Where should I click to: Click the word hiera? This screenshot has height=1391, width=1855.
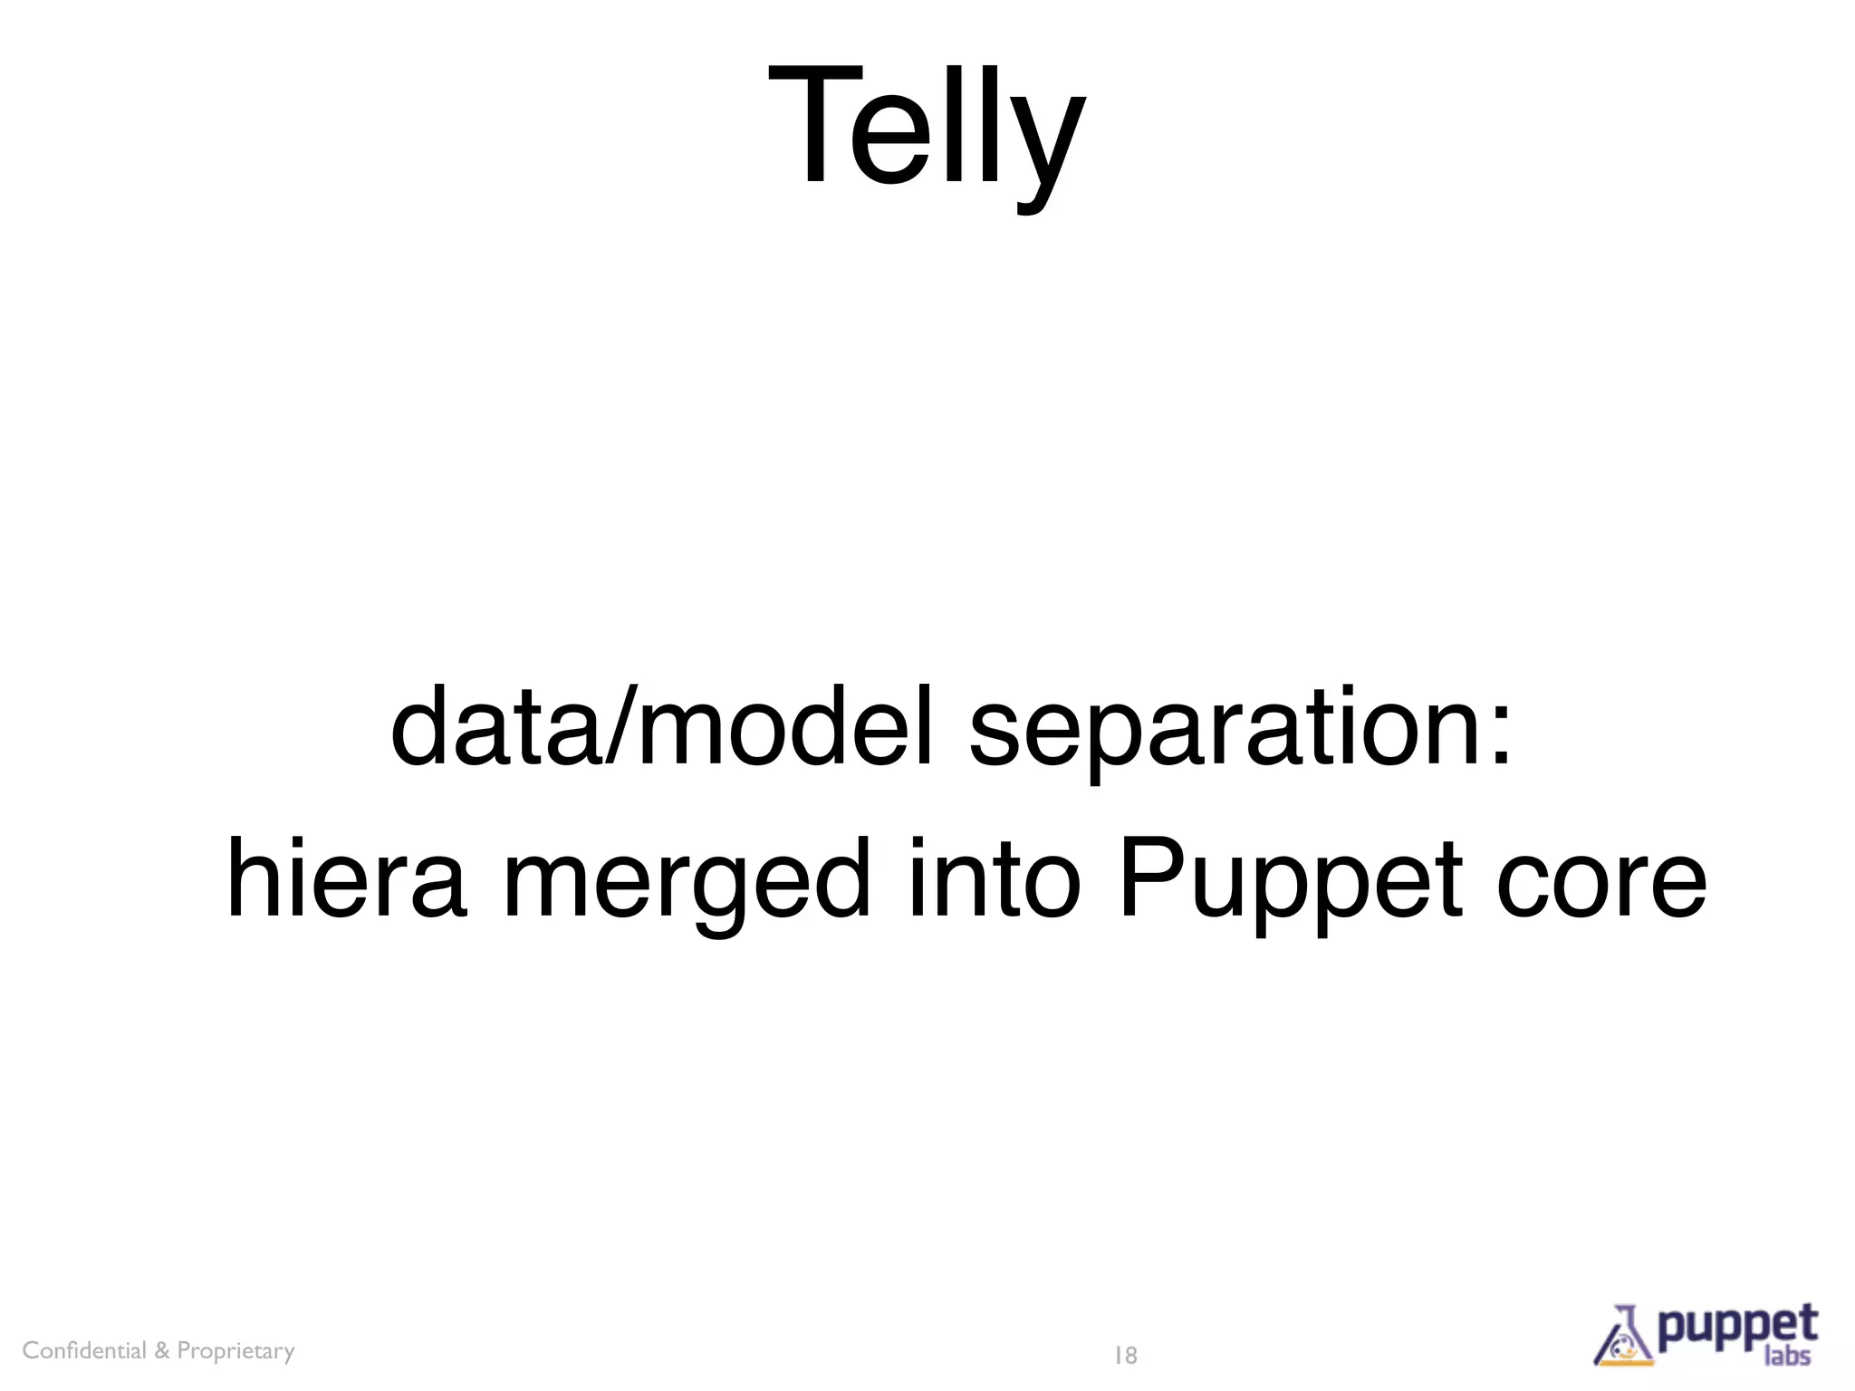coord(347,878)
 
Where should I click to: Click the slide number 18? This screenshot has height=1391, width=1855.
coord(1125,1356)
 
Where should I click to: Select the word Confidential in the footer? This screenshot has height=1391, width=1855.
coord(83,1350)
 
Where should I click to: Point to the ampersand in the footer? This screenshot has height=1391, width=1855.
coord(162,1350)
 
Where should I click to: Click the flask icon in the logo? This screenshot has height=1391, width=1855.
coord(1624,1338)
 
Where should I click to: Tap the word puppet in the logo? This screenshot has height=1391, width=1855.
coord(1738,1328)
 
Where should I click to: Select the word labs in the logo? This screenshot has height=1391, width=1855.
coord(1787,1355)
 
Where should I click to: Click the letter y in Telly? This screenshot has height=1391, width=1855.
coord(1045,140)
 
